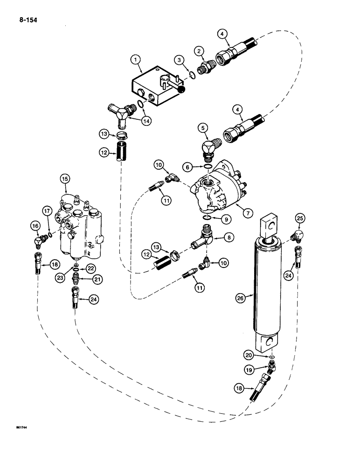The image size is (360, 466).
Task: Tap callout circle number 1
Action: tap(136, 59)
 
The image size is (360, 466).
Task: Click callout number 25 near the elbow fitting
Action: tap(299, 218)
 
